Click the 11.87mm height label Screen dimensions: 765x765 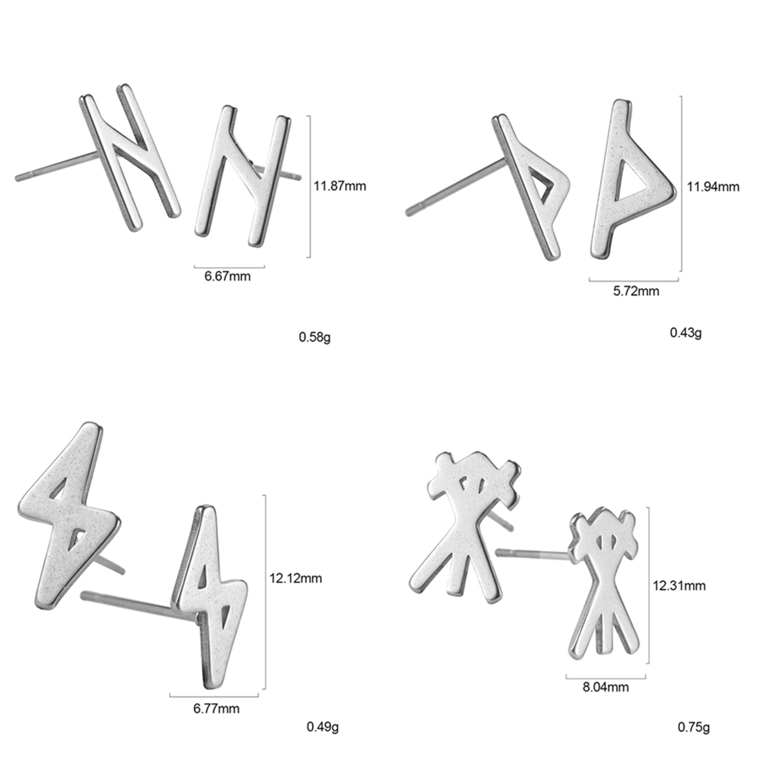click(340, 186)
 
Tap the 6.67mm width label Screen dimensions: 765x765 click(227, 276)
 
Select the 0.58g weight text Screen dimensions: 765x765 click(314, 337)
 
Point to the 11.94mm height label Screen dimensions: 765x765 click(713, 187)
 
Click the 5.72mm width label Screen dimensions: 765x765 click(636, 291)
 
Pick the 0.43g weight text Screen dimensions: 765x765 click(686, 333)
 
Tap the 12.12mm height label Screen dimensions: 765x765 click(295, 578)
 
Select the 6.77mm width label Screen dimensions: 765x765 click(216, 708)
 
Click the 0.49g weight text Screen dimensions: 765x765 click(323, 727)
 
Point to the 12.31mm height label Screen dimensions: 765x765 click(679, 585)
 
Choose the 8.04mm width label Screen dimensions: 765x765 click(606, 687)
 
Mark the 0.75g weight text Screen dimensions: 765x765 click(694, 728)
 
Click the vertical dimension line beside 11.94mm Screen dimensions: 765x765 click(681, 184)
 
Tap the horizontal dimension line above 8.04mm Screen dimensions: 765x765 click(606, 677)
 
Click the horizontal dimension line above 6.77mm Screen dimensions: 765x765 click(214, 695)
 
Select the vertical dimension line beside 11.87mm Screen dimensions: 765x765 click(309, 187)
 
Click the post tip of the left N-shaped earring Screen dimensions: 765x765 click(18, 177)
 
